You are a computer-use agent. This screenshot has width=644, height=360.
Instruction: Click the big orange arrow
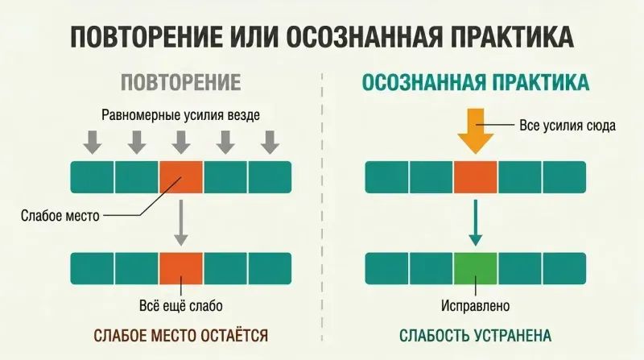pos(476,131)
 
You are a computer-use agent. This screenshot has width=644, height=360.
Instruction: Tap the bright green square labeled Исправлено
pos(476,268)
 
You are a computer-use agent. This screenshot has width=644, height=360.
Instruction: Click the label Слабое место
pos(60,215)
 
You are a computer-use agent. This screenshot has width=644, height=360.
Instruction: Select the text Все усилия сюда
pos(568,125)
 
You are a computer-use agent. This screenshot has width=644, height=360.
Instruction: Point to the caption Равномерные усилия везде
pos(180,114)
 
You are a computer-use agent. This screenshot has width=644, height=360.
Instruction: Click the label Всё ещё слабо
pos(181,306)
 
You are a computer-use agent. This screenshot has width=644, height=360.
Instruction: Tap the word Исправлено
pos(476,306)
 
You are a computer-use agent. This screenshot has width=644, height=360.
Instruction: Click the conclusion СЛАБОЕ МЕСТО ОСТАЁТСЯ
pos(180,336)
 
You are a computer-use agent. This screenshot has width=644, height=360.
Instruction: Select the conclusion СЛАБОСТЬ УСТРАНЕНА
pos(475,336)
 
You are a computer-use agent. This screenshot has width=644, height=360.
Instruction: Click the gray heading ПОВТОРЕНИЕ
pos(180,83)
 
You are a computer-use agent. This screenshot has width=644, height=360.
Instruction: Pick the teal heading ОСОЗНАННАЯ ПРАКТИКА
pos(476,83)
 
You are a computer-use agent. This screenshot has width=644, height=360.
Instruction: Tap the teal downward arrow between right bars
pos(476,223)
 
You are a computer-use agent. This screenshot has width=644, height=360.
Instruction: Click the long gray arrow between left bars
pos(180,223)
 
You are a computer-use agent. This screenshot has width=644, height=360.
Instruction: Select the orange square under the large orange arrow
pos(476,177)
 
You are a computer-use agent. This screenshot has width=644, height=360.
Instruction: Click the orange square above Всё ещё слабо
pos(181,268)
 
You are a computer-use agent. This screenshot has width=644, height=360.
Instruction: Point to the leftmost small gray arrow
pos(93,143)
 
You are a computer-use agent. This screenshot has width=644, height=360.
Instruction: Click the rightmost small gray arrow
pos(270,143)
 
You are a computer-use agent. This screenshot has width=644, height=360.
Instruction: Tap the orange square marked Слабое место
pos(181,177)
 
